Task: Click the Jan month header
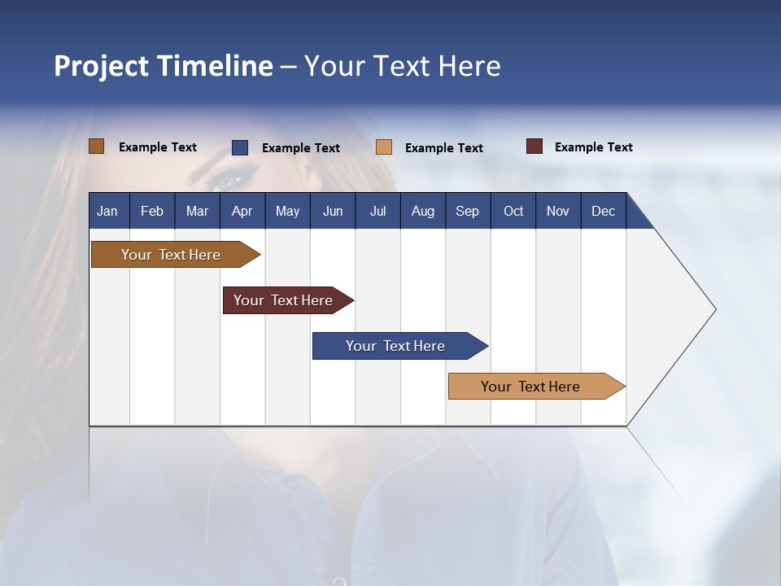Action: click(x=107, y=211)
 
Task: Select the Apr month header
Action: click(x=242, y=211)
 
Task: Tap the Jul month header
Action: click(x=377, y=211)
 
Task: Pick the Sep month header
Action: click(x=467, y=211)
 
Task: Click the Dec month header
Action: click(x=603, y=211)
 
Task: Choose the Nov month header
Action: click(x=558, y=211)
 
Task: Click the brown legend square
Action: click(x=96, y=146)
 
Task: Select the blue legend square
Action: click(x=240, y=147)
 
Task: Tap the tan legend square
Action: click(x=384, y=147)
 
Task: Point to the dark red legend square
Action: click(x=534, y=146)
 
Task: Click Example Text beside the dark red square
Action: click(x=593, y=147)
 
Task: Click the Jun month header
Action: click(x=333, y=211)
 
